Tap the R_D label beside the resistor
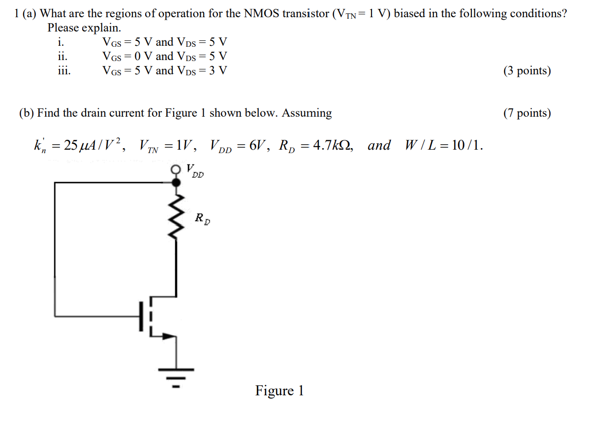point(202,218)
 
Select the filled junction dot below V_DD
point(176,182)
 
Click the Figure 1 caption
point(279,391)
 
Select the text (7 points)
point(526,113)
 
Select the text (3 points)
point(526,71)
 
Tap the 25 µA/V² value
point(93,145)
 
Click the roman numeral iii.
point(63,70)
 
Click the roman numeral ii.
point(62,56)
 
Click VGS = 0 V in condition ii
point(127,57)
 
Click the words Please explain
point(84,28)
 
